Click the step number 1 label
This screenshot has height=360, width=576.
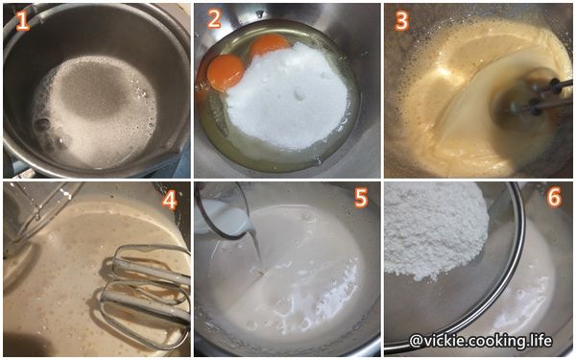point(22,21)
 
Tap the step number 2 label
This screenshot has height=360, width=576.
point(213,20)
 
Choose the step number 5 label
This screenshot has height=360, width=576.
point(361,199)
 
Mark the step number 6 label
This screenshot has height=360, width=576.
point(551,198)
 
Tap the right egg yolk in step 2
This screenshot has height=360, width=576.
point(270,45)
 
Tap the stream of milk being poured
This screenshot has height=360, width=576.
point(257,252)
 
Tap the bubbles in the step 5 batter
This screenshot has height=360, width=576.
point(288,307)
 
